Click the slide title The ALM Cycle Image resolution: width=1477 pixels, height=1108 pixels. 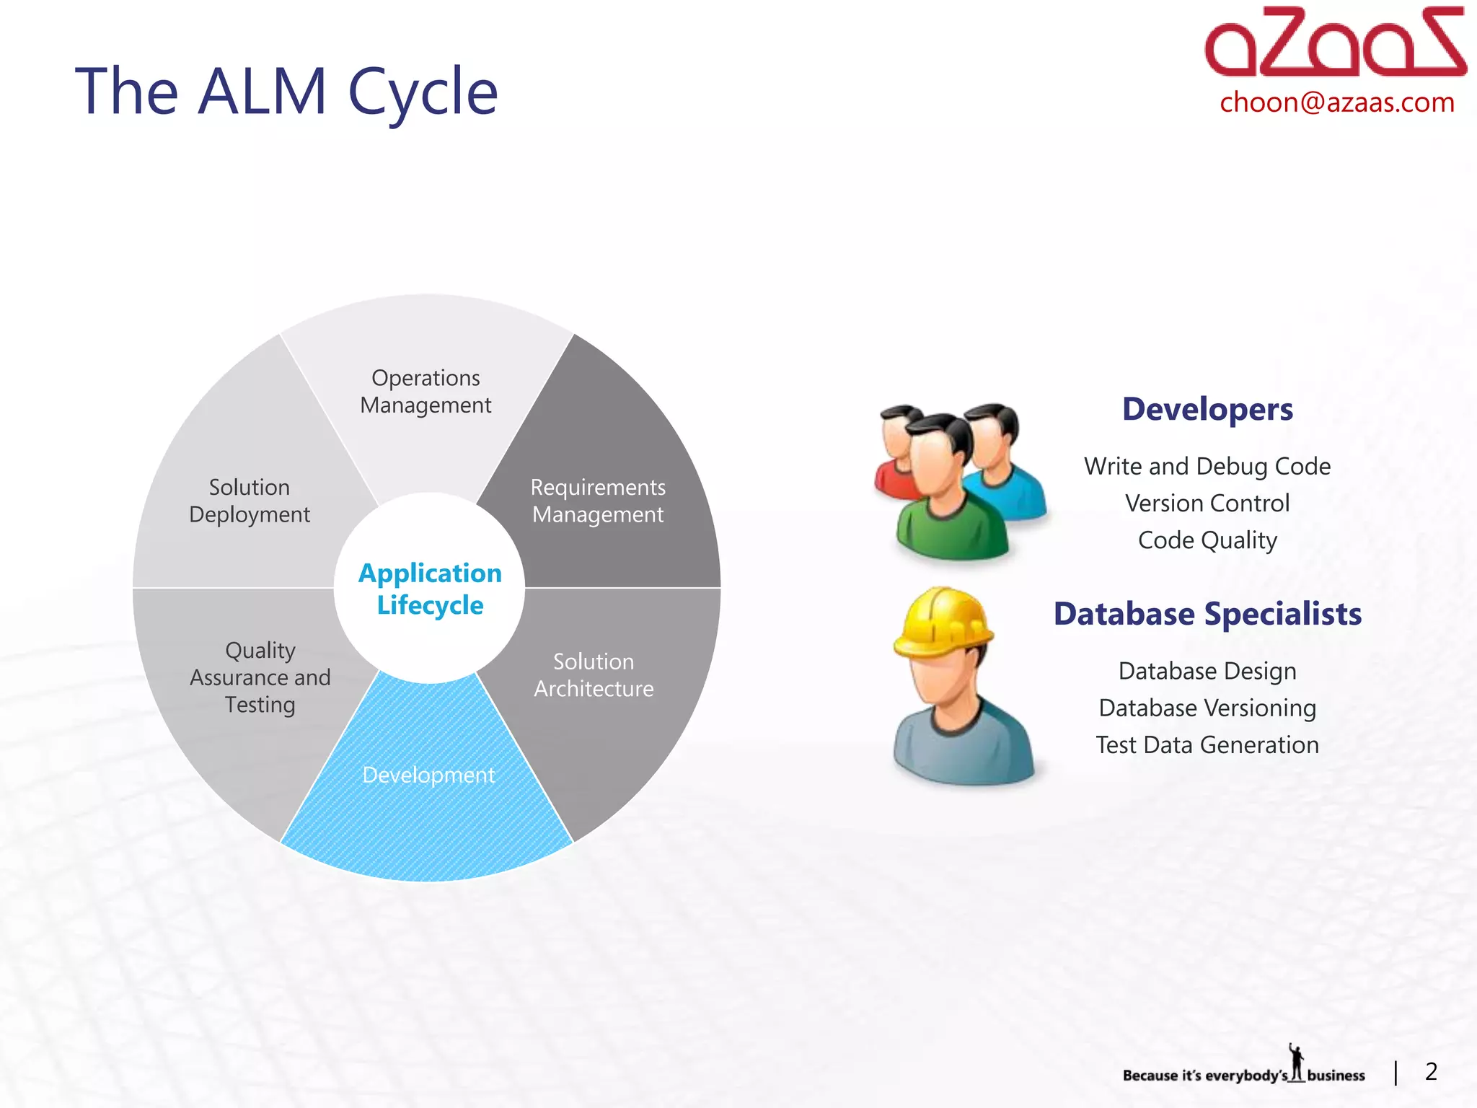click(286, 92)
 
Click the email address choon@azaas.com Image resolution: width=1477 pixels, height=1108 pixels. click(1336, 102)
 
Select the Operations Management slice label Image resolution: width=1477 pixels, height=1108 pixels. click(426, 392)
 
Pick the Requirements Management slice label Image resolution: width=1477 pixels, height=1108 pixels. click(598, 501)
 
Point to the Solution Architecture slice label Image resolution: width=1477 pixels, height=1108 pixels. click(594, 675)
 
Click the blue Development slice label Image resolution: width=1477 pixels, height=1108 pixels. click(428, 775)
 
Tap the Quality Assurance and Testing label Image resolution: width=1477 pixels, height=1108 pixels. click(260, 677)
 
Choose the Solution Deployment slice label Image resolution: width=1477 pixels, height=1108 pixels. click(250, 501)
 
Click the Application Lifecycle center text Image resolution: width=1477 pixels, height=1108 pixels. click(430, 589)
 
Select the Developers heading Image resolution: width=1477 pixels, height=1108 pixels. click(1207, 409)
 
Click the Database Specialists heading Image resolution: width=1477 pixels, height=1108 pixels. click(1207, 614)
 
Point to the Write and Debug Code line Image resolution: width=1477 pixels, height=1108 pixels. click(1207, 466)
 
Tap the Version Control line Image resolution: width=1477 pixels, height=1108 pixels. click(1207, 503)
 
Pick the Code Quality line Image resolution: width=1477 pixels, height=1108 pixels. click(1207, 540)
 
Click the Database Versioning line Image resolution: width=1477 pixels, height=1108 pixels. click(1207, 708)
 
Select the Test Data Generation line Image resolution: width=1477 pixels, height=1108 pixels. click(1207, 744)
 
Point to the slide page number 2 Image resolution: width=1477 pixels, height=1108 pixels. click(1431, 1071)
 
